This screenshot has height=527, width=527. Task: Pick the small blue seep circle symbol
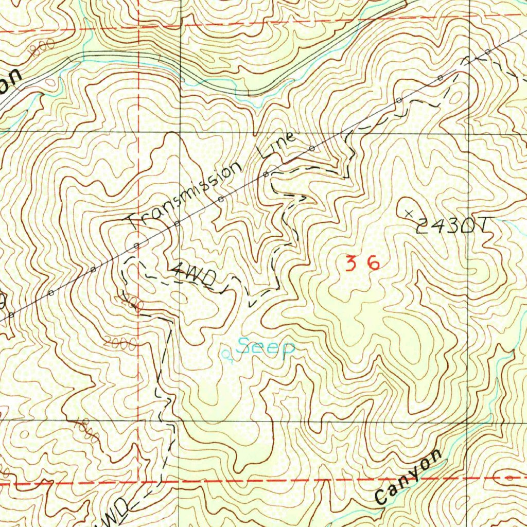tap(225, 354)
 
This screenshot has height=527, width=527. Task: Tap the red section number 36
tap(362, 264)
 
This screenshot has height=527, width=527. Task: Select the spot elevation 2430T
tap(453, 225)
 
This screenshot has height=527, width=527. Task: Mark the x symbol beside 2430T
tap(410, 213)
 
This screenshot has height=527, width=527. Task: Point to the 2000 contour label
tap(119, 343)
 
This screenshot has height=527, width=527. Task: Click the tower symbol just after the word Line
tap(312, 149)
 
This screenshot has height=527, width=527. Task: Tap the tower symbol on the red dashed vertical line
tap(137, 244)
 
